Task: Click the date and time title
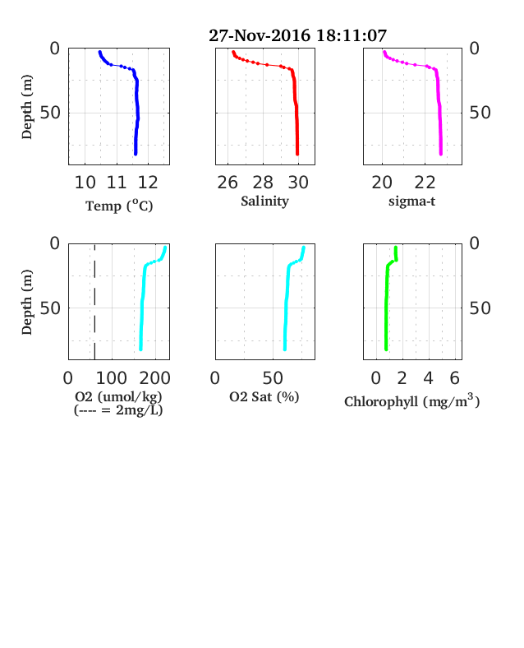pyautogui.click(x=297, y=35)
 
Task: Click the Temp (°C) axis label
pyautogui.click(x=119, y=206)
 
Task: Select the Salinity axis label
pyautogui.click(x=265, y=201)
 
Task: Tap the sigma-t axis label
pyautogui.click(x=411, y=201)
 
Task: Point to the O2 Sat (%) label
pyautogui.click(x=264, y=396)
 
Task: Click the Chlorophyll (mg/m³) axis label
pyautogui.click(x=412, y=400)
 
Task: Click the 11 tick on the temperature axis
pyautogui.click(x=117, y=183)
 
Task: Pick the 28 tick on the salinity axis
pyautogui.click(x=263, y=183)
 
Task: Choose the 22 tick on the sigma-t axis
pyautogui.click(x=425, y=183)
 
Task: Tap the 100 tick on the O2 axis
pyautogui.click(x=112, y=378)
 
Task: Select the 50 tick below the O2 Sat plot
pyautogui.click(x=273, y=378)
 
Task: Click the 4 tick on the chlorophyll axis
pyautogui.click(x=428, y=378)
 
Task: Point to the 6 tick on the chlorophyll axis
pyautogui.click(x=455, y=378)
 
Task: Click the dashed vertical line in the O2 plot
pyautogui.click(x=95, y=302)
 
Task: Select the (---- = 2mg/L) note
pyautogui.click(x=118, y=410)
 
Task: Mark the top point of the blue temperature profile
pyautogui.click(x=100, y=52)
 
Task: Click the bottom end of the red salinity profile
pyautogui.click(x=297, y=154)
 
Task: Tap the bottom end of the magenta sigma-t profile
pyautogui.click(x=441, y=154)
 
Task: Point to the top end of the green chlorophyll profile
pyautogui.click(x=396, y=248)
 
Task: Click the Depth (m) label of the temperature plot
pyautogui.click(x=26, y=107)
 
